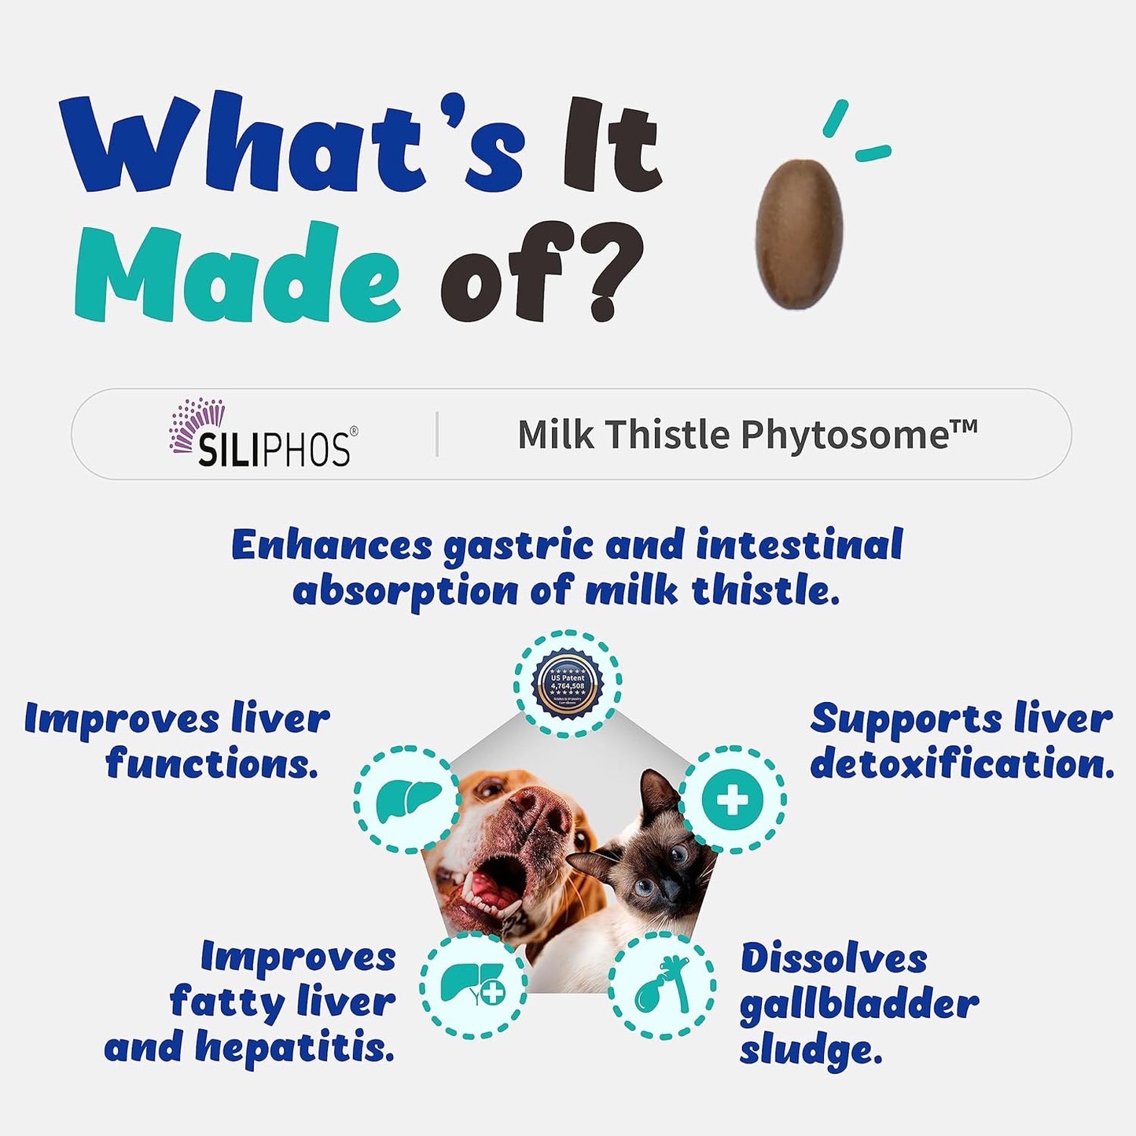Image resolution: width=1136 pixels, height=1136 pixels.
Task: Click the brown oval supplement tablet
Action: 799,233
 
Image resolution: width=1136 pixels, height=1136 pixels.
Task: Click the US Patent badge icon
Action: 568,683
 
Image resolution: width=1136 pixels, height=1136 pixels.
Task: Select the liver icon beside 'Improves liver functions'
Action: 406,800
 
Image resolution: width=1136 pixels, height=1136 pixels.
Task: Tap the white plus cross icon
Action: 732,800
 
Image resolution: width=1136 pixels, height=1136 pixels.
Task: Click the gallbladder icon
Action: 662,986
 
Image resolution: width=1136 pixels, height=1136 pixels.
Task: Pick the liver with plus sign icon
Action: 472,986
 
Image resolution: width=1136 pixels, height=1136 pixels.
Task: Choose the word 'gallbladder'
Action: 858,1005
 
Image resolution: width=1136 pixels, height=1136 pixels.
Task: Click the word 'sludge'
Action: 810,1051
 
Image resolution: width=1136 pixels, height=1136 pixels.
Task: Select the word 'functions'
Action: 212,763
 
